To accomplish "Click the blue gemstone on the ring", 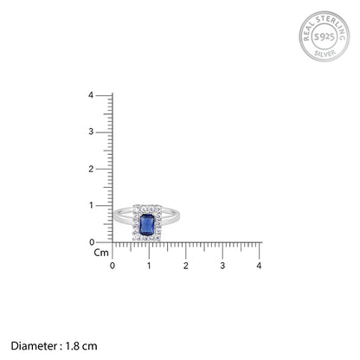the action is click(x=147, y=224).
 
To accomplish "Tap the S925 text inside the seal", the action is click(x=325, y=36).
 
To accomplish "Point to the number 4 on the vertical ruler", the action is click(x=91, y=95).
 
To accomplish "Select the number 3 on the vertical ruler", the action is click(x=91, y=132).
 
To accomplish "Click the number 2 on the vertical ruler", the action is click(x=91, y=169).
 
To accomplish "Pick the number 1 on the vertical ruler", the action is click(x=92, y=205).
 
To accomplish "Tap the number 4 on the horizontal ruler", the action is click(x=259, y=266).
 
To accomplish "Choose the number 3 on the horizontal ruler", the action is click(x=222, y=266).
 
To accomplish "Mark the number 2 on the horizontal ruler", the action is click(x=186, y=266).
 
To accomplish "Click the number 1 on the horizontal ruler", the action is click(x=149, y=266).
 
